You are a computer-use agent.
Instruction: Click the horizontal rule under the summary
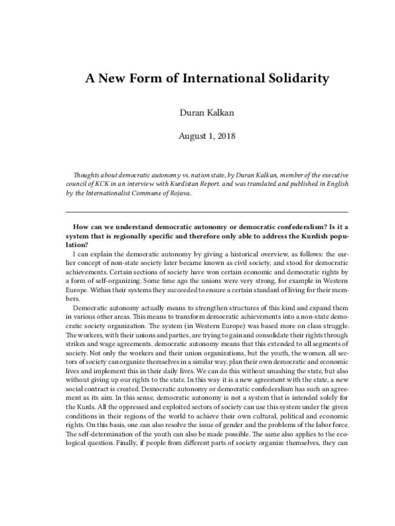click(197, 212)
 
